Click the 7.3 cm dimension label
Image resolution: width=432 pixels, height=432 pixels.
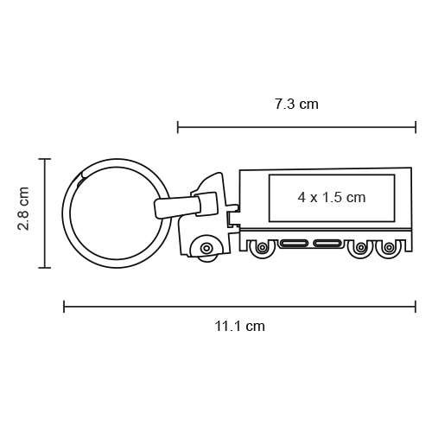point(296,104)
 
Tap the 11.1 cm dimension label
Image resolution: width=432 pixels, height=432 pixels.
point(239,327)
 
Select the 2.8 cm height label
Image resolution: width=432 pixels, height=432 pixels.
point(23,208)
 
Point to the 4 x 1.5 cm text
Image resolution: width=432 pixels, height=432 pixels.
point(332,198)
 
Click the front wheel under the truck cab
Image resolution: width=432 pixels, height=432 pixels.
point(206,248)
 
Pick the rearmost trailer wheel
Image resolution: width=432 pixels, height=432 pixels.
point(389,247)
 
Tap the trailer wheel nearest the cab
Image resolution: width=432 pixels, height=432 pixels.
point(262,247)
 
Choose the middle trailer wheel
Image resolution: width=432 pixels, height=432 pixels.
point(360,247)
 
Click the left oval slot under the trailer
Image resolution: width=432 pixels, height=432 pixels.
point(294,244)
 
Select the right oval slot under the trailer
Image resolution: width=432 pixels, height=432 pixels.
point(328,244)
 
